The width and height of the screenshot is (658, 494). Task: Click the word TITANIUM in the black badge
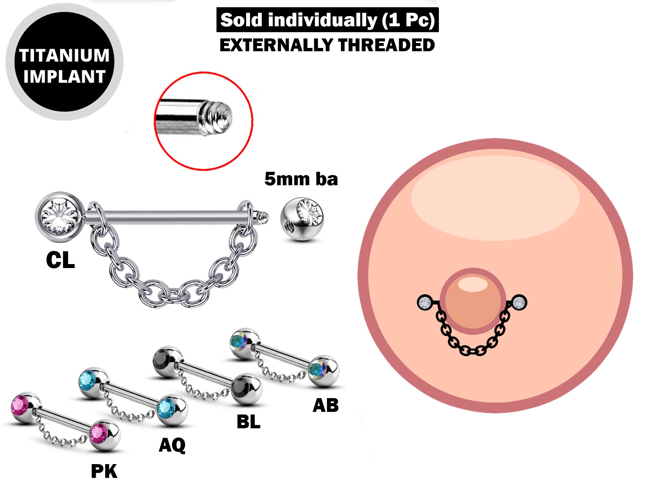tap(64, 55)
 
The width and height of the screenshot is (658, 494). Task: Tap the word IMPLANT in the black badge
tap(64, 77)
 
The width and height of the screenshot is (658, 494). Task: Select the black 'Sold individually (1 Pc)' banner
tap(327, 20)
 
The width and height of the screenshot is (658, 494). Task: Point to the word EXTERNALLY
tap(276, 45)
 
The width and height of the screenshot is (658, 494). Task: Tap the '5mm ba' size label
tap(301, 179)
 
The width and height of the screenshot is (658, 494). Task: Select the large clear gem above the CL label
tap(59, 217)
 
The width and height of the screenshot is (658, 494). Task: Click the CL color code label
tap(61, 260)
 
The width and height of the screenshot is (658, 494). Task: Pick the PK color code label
tap(104, 472)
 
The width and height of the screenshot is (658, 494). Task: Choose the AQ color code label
tap(172, 445)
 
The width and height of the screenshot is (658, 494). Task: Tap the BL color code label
tap(248, 422)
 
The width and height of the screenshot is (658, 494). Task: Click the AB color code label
tap(325, 405)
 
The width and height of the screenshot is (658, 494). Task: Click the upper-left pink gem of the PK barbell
tap(20, 406)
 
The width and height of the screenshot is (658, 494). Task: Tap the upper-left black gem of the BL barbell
tap(162, 360)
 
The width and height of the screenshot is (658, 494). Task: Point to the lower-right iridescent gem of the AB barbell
tap(317, 369)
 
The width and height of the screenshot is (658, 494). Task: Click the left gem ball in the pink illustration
tap(425, 303)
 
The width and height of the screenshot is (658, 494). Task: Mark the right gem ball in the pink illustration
tap(519, 302)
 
